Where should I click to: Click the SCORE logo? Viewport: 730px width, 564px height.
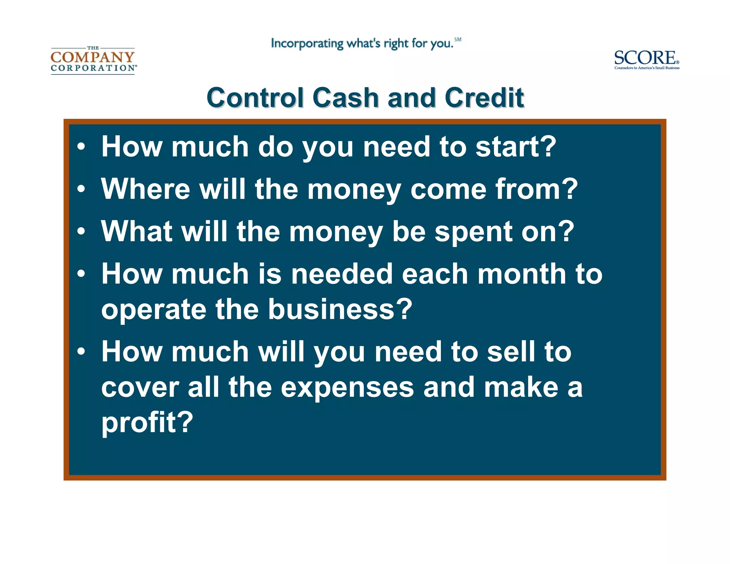[646, 59]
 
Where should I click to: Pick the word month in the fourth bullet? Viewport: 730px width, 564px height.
[521, 274]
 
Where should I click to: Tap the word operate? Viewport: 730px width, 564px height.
[153, 310]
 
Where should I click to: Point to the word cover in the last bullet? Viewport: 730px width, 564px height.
[140, 388]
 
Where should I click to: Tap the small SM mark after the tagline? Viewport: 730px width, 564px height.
[458, 40]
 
